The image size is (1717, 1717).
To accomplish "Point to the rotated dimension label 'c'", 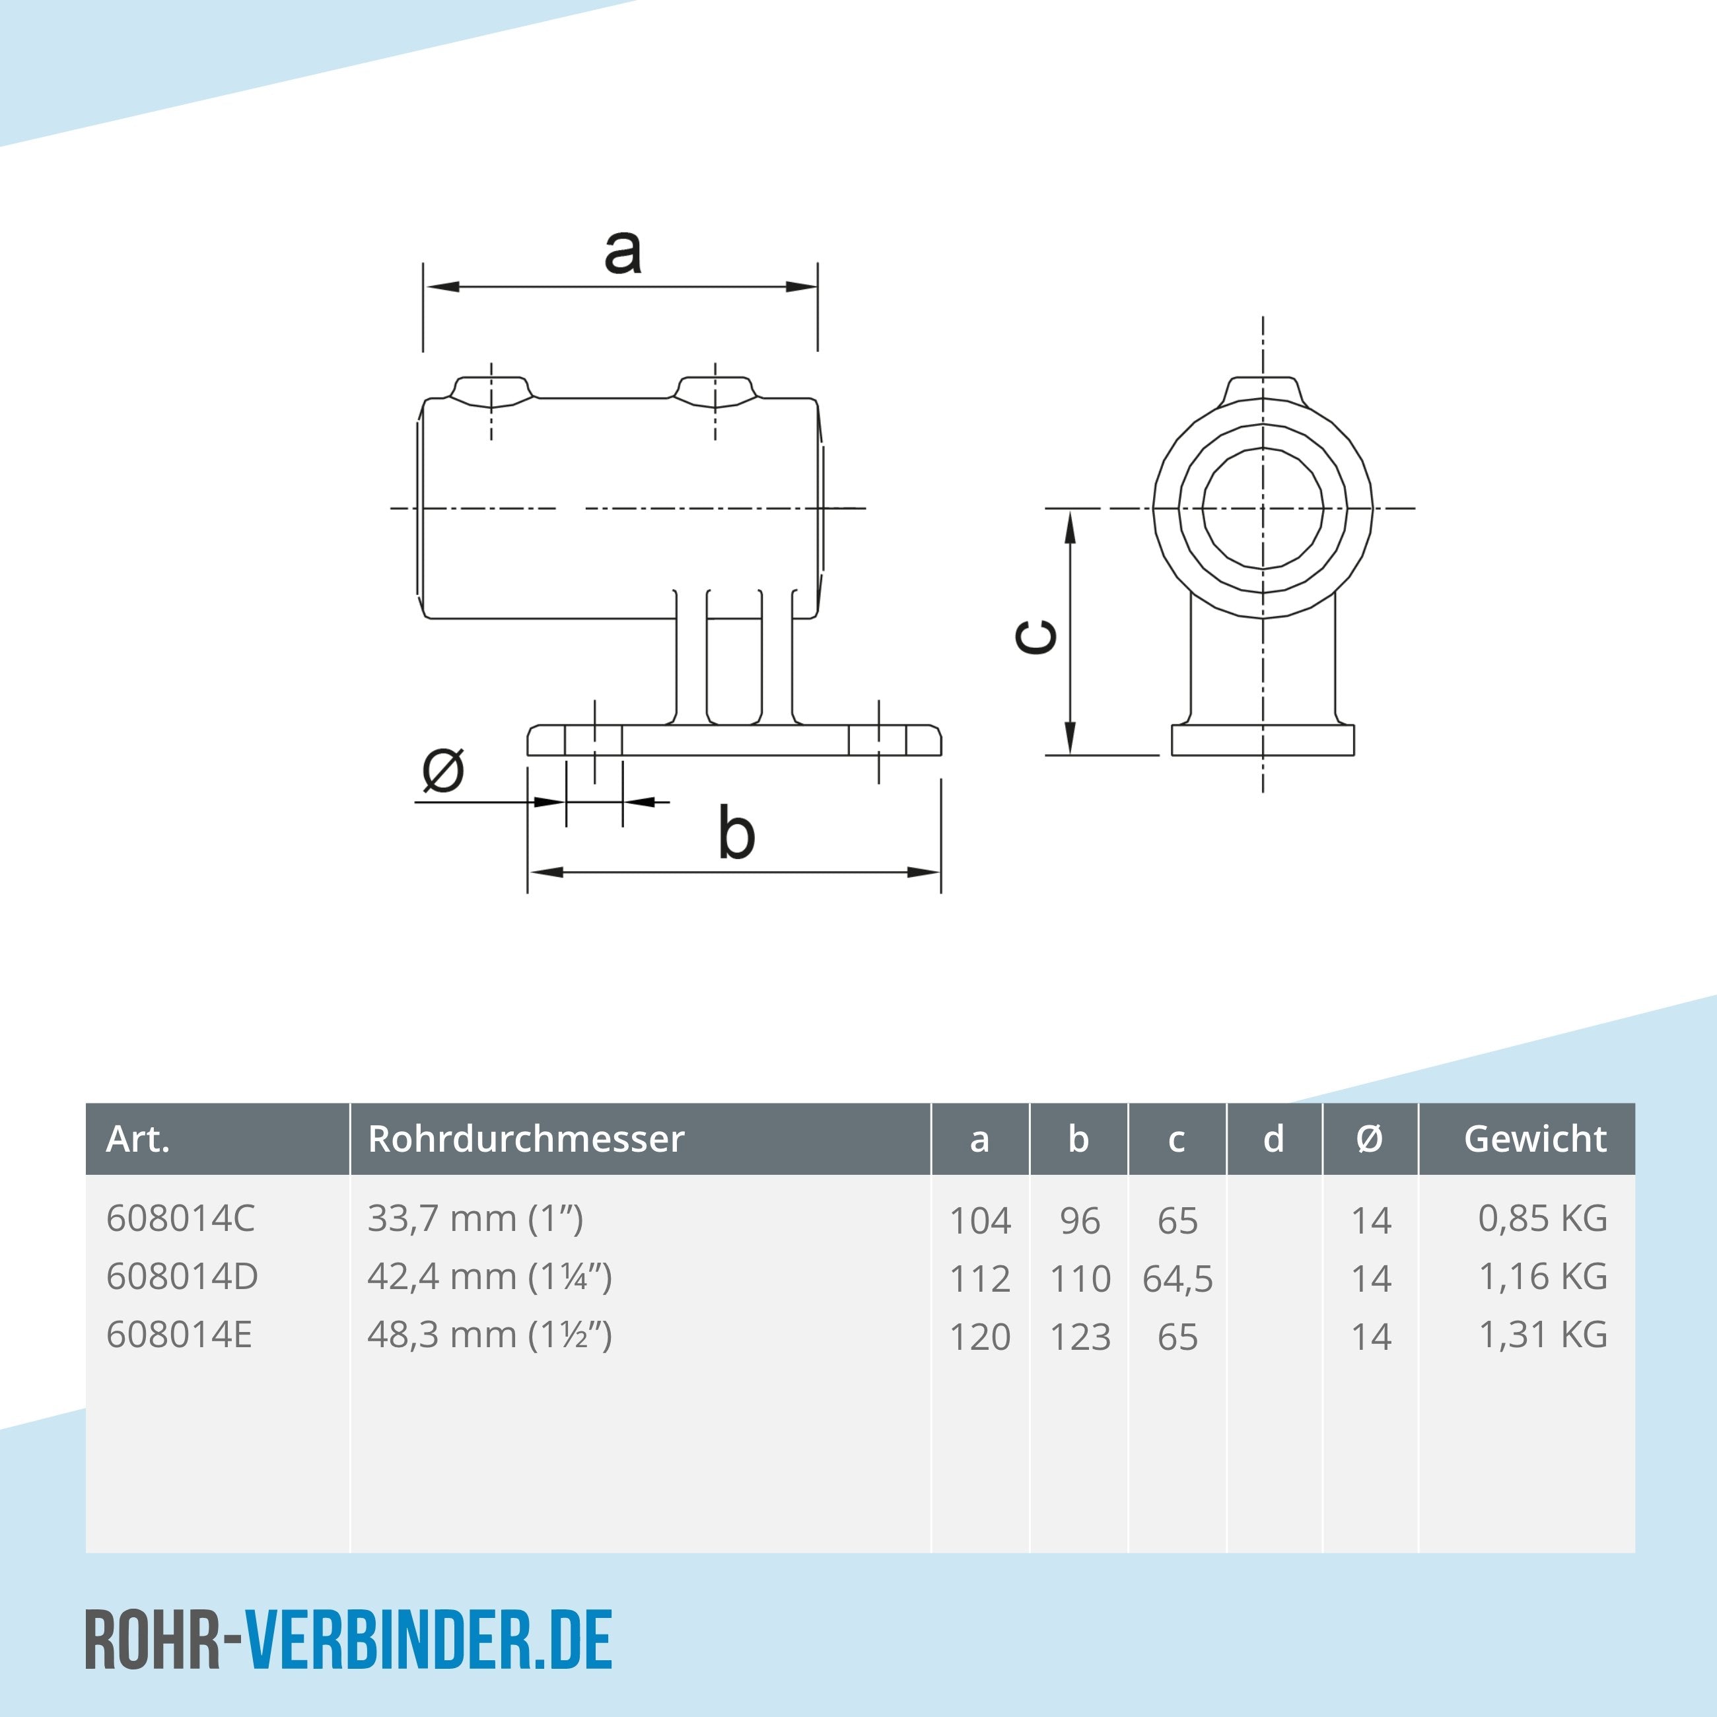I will (x=1037, y=637).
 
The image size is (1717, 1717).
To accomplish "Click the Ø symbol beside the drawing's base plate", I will (x=442, y=771).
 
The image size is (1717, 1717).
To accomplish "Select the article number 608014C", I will (x=180, y=1218).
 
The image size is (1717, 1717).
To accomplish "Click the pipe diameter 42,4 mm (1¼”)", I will (x=490, y=1277).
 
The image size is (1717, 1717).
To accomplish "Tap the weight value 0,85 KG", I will (x=1542, y=1218).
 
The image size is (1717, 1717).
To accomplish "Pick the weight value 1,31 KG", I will (x=1542, y=1335).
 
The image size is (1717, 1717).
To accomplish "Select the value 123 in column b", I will (x=1080, y=1337).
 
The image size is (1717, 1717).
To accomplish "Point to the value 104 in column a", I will (x=980, y=1221).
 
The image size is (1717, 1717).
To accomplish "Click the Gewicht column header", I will (x=1535, y=1139).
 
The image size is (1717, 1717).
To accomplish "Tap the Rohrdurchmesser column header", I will (x=526, y=1139).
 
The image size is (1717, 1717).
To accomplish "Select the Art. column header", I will (x=138, y=1139).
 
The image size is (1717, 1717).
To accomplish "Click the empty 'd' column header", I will (x=1273, y=1139).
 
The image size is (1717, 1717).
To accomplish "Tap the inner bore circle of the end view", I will (x=1263, y=508).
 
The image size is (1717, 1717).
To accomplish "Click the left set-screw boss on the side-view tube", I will (x=491, y=391).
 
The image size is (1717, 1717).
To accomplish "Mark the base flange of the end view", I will (x=1263, y=740).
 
